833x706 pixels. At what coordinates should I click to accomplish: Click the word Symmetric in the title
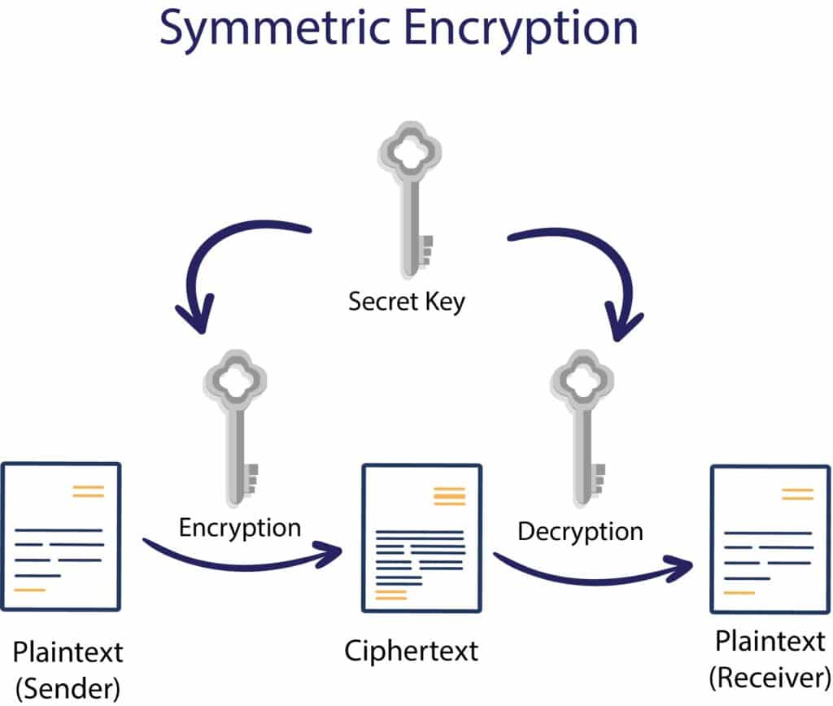pos(259,28)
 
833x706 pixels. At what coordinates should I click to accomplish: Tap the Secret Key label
pos(407,302)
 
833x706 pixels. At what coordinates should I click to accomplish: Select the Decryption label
pos(580,532)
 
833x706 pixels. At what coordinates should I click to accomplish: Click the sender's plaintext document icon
pos(61,536)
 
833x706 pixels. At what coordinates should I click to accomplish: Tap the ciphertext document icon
pos(421,538)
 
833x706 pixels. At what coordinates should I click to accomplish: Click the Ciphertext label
pos(412,652)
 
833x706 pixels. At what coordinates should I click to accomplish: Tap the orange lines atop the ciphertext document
pos(450,497)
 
